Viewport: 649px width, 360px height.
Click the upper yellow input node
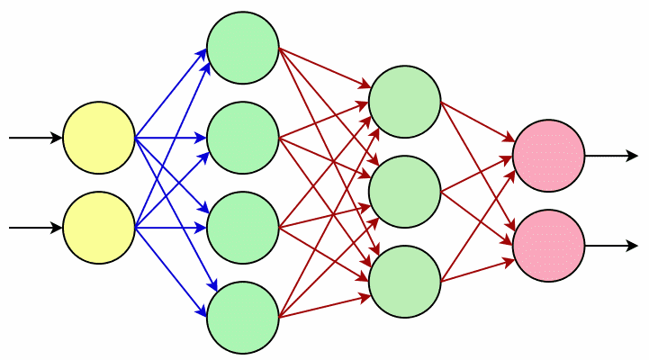[x=99, y=138]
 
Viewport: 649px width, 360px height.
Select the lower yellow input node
[x=99, y=228]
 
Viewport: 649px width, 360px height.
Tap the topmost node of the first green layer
[x=243, y=48]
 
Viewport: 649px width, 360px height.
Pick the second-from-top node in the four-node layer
[x=243, y=138]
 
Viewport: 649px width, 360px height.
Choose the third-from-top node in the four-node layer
[x=243, y=228]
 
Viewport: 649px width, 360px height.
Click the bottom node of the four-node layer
[x=243, y=318]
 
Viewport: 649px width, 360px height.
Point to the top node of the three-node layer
[x=405, y=102]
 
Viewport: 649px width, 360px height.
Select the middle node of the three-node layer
[x=405, y=192]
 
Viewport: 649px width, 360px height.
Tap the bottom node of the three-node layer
[x=405, y=282]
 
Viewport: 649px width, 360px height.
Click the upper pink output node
[x=549, y=156]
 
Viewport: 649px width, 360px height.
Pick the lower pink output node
[x=549, y=246]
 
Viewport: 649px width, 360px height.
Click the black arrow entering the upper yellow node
[x=36, y=138]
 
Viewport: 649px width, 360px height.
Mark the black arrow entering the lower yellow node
[x=36, y=228]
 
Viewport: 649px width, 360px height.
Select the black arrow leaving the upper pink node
[x=612, y=156]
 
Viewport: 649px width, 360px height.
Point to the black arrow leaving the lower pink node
[x=612, y=246]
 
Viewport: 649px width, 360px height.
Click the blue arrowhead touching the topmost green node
[x=203, y=56]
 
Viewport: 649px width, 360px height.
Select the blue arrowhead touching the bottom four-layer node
[x=203, y=310]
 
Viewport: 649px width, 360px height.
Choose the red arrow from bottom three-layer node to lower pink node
[x=477, y=270]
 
